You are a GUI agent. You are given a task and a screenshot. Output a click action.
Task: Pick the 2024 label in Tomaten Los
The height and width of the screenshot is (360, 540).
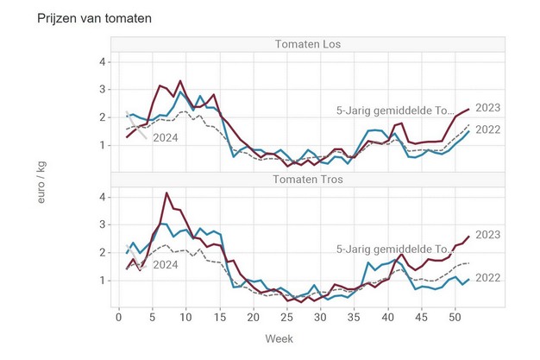pyautogui.click(x=166, y=136)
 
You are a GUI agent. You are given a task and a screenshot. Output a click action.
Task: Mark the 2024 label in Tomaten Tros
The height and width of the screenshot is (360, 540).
pyautogui.click(x=166, y=264)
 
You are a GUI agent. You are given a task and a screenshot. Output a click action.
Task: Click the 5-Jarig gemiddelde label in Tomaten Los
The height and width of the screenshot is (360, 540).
pyautogui.click(x=394, y=111)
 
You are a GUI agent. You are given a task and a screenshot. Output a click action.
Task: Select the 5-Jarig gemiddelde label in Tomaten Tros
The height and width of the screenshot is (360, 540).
pyautogui.click(x=394, y=249)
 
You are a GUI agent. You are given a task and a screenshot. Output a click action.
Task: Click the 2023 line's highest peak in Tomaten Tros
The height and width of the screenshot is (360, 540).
pyautogui.click(x=166, y=193)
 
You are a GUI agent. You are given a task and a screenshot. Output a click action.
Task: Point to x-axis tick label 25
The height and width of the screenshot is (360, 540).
pyautogui.click(x=287, y=318)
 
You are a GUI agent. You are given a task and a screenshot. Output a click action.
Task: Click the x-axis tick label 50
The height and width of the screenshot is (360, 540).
pyautogui.click(x=455, y=318)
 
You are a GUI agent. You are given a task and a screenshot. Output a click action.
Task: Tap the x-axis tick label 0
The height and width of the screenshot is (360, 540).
pyautogui.click(x=119, y=318)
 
